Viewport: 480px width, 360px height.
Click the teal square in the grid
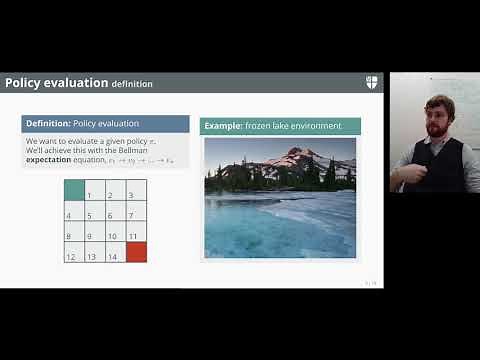74,190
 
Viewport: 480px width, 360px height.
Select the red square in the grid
136,252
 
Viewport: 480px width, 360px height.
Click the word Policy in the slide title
23,83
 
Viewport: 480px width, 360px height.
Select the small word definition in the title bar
132,84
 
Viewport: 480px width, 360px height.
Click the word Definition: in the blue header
48,124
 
